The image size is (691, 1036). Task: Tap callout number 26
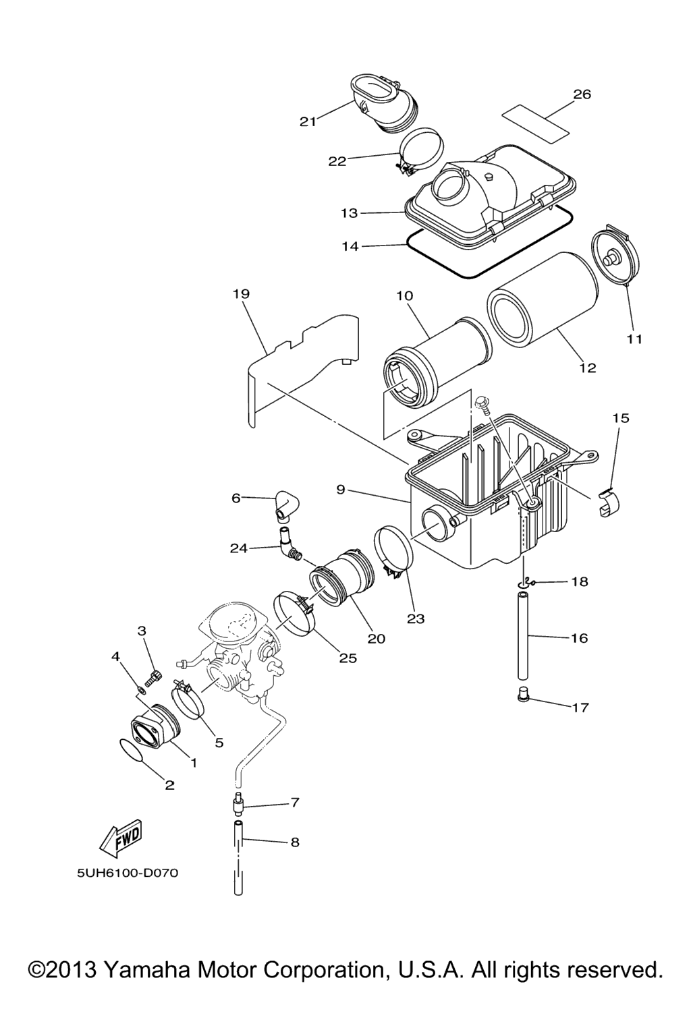582,94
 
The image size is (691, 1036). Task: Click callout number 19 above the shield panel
242,293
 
